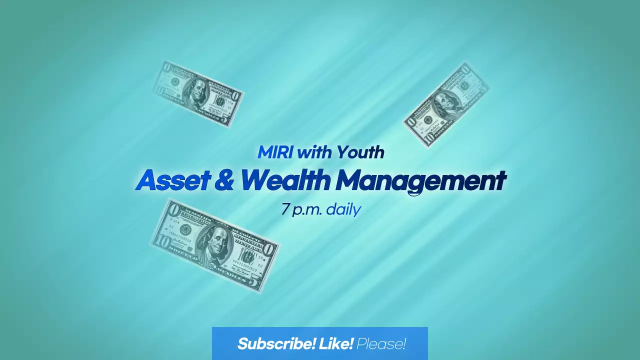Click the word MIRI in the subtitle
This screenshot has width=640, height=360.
click(275, 152)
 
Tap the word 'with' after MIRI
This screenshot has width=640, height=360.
click(314, 152)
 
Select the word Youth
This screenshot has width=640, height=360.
click(360, 152)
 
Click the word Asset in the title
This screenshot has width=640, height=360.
click(172, 180)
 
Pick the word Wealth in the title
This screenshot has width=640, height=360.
click(285, 180)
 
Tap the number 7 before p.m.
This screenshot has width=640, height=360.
click(285, 209)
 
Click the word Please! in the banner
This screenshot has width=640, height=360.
click(381, 344)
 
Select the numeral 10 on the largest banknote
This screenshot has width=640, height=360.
click(161, 242)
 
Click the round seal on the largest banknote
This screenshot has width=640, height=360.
click(185, 230)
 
